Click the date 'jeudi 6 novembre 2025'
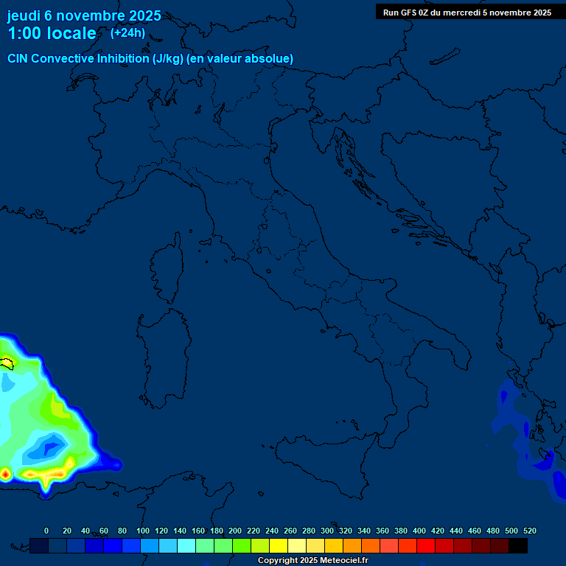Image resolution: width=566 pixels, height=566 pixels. point(84,15)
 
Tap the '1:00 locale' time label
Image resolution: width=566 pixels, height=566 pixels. point(52,33)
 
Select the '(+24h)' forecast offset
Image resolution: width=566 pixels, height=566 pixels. point(127,33)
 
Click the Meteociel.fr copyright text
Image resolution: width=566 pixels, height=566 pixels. point(312,561)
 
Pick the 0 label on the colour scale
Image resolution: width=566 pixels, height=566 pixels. point(46,531)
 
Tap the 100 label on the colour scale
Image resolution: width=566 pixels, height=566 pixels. point(142,531)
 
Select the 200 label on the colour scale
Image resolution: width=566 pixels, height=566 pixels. point(235,531)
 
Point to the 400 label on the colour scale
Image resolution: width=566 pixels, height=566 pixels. point(419,531)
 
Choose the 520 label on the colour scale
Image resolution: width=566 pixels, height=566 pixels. point(529,531)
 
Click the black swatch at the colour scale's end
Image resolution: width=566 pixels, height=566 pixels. point(518,545)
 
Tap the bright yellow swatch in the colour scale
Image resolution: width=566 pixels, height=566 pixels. point(279,545)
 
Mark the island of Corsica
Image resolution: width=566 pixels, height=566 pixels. point(167,269)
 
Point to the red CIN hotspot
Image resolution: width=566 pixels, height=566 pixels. point(4,473)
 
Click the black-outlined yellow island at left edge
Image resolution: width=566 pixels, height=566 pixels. point(7,363)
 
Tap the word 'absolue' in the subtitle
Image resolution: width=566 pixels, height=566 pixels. point(269,58)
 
